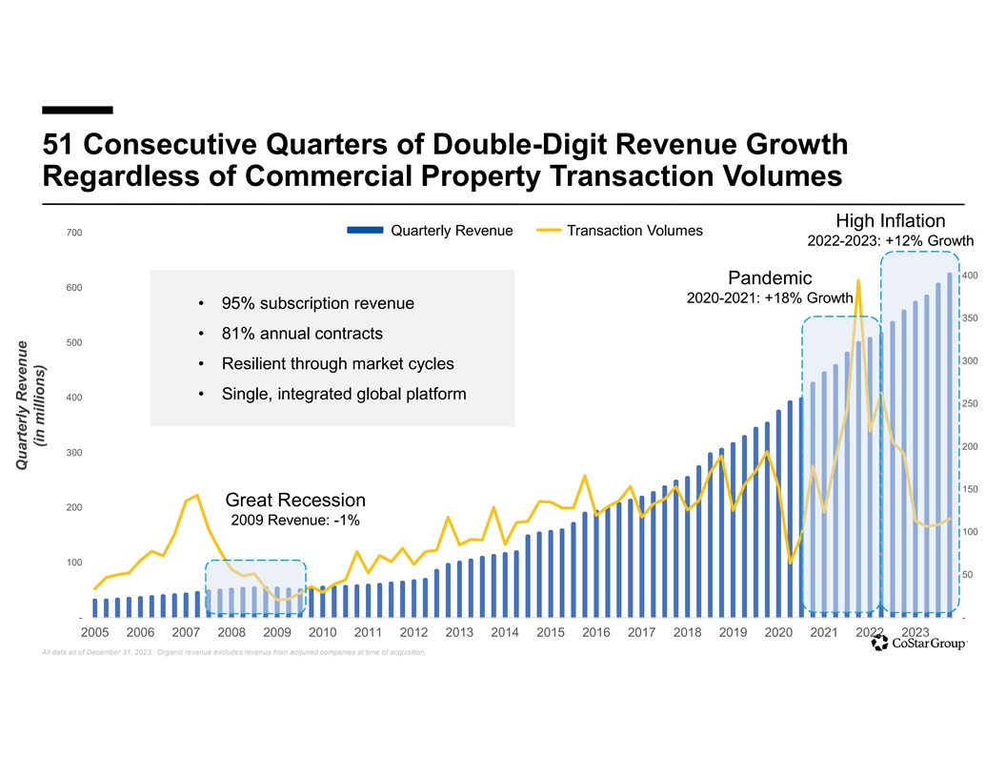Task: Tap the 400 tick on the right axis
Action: click(968, 276)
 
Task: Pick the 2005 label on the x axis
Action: click(94, 631)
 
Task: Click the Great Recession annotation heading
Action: click(294, 501)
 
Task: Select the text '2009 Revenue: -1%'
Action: click(294, 521)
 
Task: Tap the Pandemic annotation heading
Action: click(769, 278)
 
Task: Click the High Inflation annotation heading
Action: click(890, 220)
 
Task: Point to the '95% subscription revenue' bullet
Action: click(317, 304)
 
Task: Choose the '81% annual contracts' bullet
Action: click(302, 334)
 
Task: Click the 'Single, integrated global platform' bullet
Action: click(343, 394)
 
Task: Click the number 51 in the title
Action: click(61, 146)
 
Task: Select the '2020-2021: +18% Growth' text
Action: click(769, 298)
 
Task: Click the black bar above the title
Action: click(77, 110)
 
